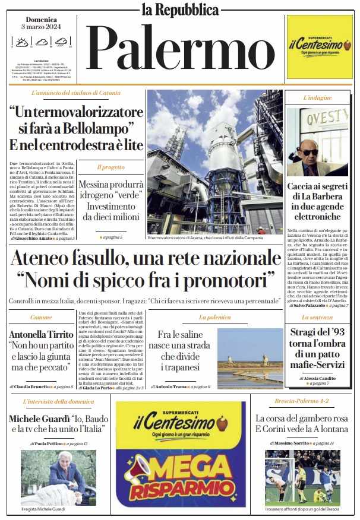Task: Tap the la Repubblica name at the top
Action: tap(180, 9)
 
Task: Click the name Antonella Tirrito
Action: tap(41, 335)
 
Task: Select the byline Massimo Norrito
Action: tap(292, 443)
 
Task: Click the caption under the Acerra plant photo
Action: tap(212, 238)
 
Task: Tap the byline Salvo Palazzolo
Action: tap(309, 305)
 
